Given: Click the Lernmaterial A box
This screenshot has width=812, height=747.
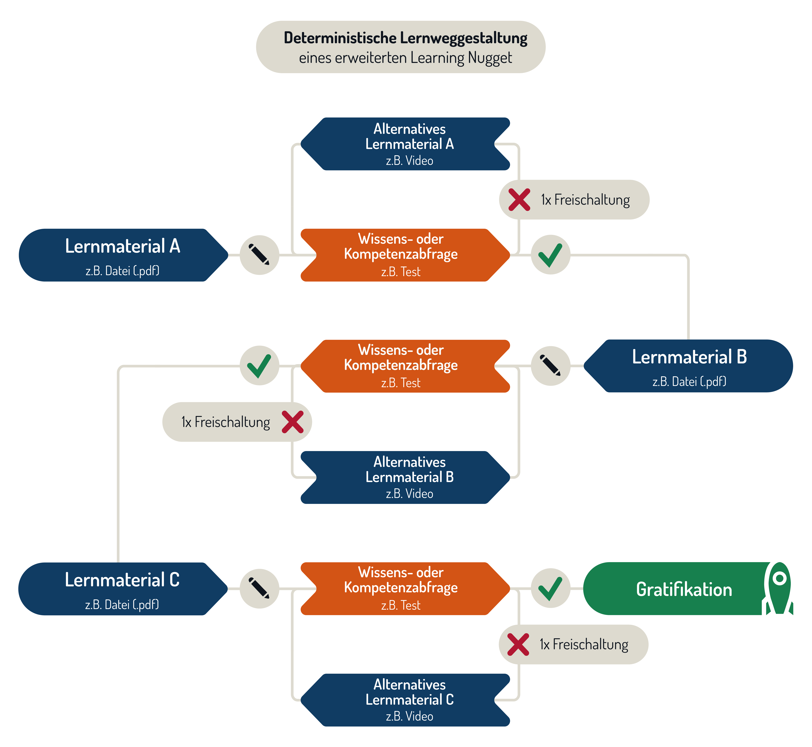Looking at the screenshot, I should (x=121, y=255).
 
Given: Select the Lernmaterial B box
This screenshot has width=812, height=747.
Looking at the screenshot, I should (x=689, y=366).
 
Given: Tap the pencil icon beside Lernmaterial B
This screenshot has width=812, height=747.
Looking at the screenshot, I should (x=550, y=366).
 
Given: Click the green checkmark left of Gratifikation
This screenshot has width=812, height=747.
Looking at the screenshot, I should (x=550, y=589).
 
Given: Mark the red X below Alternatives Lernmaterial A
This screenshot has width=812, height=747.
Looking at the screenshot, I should (x=519, y=200).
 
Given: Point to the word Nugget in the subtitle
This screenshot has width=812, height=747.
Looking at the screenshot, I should (x=490, y=58).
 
